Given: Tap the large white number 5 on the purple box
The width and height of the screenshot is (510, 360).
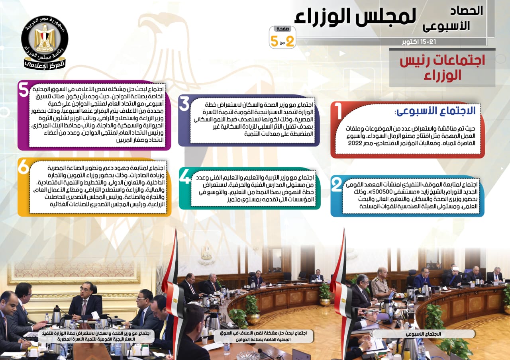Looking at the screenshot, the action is [24, 90].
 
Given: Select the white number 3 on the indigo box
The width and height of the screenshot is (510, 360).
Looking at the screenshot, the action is [184, 104].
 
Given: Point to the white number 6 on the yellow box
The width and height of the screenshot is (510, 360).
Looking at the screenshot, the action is [24, 166].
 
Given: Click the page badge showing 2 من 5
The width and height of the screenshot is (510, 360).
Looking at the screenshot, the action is [282, 37].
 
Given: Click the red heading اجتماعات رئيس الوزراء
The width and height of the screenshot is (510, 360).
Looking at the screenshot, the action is [442, 68].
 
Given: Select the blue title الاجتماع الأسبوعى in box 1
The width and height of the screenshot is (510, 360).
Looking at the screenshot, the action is [435, 111].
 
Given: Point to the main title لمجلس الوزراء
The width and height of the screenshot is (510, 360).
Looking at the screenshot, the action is [355, 17].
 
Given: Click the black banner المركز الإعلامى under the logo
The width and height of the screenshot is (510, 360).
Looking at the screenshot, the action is [45, 65].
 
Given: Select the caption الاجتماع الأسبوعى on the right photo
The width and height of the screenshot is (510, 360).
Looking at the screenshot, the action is [424, 334].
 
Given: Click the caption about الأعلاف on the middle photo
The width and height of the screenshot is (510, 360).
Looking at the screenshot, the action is [263, 337].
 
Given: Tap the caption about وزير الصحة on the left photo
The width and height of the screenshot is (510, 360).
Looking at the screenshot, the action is [96, 336].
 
